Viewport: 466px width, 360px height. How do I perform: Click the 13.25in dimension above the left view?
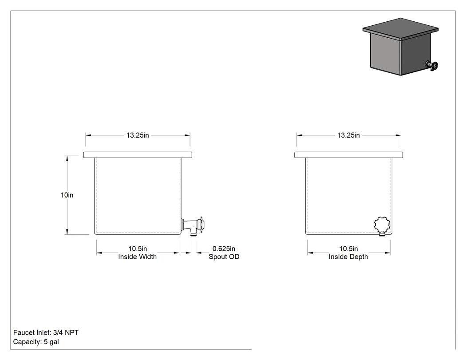click(x=138, y=135)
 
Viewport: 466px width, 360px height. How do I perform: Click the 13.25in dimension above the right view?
click(x=348, y=135)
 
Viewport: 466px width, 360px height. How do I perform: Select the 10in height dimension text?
click(x=67, y=195)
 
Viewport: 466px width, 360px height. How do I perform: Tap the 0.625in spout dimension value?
click(x=224, y=249)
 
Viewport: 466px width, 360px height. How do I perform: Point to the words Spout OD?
click(x=224, y=257)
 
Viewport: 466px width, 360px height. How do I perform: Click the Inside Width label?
click(x=137, y=257)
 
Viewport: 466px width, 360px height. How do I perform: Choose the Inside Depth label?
click(x=348, y=257)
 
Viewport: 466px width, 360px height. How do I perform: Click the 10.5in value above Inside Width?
click(x=138, y=249)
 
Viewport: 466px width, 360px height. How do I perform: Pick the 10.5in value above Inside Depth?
click(x=348, y=249)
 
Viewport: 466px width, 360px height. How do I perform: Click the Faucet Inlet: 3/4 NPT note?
click(x=46, y=332)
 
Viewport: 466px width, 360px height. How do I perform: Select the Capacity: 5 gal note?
click(x=36, y=342)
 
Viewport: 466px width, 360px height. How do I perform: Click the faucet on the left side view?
click(x=193, y=226)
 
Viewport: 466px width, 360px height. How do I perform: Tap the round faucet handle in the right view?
click(x=382, y=225)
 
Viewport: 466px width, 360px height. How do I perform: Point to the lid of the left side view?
click(x=138, y=155)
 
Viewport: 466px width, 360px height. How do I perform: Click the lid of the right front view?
click(x=348, y=155)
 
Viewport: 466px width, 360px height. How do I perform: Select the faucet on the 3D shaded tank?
click(x=432, y=65)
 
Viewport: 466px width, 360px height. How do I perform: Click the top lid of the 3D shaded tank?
click(x=400, y=29)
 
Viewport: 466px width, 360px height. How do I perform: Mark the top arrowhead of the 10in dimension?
click(x=67, y=158)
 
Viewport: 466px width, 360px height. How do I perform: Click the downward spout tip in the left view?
click(x=193, y=235)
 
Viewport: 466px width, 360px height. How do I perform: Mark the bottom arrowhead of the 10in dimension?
click(x=67, y=232)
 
